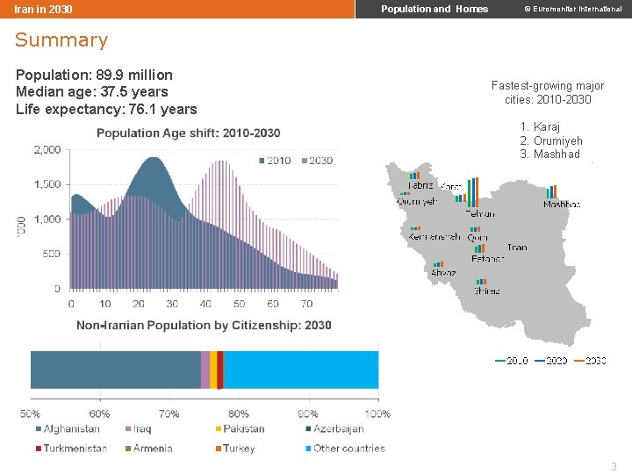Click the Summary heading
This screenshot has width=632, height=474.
coord(61,40)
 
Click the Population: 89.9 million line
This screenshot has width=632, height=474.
coord(94,75)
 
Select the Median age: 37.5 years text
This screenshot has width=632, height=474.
coord(91,92)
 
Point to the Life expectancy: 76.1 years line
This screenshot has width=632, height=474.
coord(106,109)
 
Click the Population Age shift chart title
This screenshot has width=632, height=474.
coord(188,133)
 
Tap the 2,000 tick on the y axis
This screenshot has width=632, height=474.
coord(47,150)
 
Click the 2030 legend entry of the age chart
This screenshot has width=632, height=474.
coord(317,161)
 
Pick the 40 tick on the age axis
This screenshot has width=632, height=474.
coord(205,304)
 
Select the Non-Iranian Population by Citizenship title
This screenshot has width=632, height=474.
coord(204,326)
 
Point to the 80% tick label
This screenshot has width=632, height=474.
coord(238,413)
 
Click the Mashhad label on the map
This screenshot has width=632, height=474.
coord(562,205)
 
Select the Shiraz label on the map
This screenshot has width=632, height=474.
coord(487,291)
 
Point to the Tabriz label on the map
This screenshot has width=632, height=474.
coord(420,185)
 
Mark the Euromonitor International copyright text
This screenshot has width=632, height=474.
coord(572,9)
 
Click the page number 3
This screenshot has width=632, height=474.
coord(614,466)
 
